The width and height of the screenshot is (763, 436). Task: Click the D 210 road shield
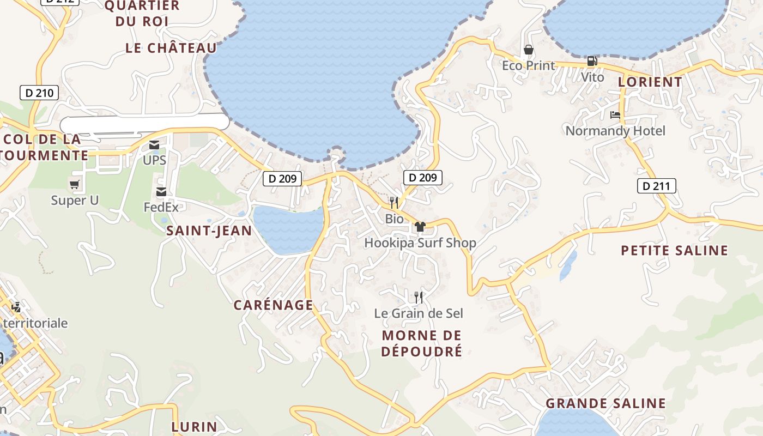(x=39, y=93)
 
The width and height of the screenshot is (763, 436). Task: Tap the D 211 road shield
(x=656, y=186)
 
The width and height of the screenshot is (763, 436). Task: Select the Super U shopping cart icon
(x=75, y=185)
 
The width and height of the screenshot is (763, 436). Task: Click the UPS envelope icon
(x=154, y=145)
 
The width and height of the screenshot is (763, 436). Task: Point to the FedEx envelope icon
(x=161, y=192)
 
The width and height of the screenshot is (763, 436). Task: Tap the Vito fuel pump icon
(x=592, y=61)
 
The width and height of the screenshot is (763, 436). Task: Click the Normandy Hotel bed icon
(x=615, y=115)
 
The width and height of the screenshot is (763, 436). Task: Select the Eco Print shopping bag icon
(x=528, y=50)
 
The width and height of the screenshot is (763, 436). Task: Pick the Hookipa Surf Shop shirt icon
(x=420, y=227)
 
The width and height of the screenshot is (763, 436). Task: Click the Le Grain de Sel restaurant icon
(x=419, y=297)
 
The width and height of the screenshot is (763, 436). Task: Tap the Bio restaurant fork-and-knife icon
(x=394, y=203)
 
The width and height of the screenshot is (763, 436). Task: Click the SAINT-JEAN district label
(x=209, y=231)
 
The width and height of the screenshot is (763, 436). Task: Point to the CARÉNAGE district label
(x=274, y=305)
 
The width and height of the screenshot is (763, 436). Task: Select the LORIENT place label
(x=650, y=82)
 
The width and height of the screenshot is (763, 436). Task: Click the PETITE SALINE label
(x=675, y=250)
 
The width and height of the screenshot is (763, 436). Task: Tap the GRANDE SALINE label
(x=605, y=403)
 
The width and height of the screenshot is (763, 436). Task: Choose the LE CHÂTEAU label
(x=171, y=48)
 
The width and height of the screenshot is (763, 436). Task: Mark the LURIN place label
(x=195, y=426)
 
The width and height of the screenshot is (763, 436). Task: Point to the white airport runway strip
(x=144, y=123)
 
